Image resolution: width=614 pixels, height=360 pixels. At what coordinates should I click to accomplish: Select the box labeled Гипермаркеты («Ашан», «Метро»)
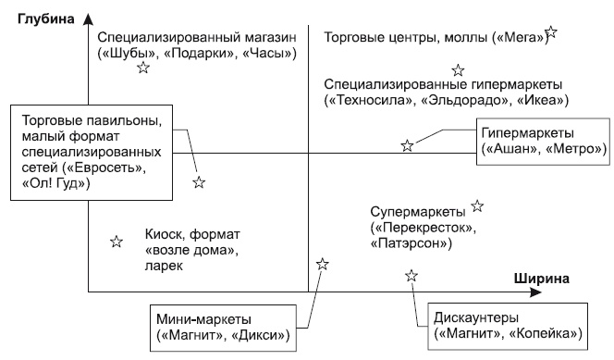pyautogui.click(x=541, y=141)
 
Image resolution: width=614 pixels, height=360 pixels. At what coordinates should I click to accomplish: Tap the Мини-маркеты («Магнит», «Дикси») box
pyautogui.click(x=225, y=325)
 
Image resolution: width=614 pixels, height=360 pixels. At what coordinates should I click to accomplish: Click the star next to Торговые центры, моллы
pyautogui.click(x=552, y=32)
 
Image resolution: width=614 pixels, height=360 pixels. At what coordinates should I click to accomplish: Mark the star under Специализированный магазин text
pyautogui.click(x=142, y=68)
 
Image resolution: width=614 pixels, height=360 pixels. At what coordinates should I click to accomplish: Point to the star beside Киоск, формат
pyautogui.click(x=117, y=242)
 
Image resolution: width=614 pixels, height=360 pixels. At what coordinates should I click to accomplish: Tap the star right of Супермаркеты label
pyautogui.click(x=477, y=205)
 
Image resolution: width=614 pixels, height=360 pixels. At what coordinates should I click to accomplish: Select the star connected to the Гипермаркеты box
pyautogui.click(x=407, y=145)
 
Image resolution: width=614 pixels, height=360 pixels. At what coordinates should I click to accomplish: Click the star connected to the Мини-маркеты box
pyautogui.click(x=322, y=264)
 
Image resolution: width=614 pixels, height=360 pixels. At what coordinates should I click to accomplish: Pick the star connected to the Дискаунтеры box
pyautogui.click(x=411, y=276)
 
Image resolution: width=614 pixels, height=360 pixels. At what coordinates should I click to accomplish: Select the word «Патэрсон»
pyautogui.click(x=410, y=243)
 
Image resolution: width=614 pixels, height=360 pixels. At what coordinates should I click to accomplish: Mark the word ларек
pyautogui.click(x=165, y=267)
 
